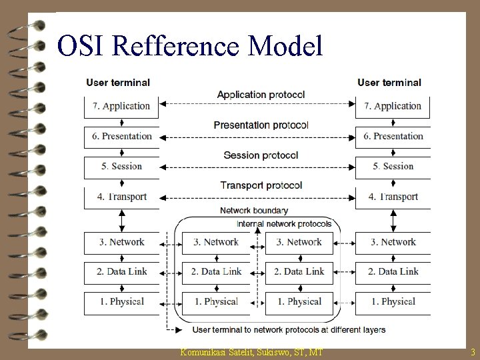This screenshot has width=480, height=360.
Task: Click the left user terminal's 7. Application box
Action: pyautogui.click(x=121, y=106)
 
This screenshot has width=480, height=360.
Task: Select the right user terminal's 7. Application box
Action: pyautogui.click(x=393, y=106)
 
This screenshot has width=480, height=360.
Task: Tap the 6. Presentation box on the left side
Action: pyautogui.click(x=121, y=136)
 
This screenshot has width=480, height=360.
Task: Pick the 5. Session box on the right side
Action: pyautogui.click(x=393, y=167)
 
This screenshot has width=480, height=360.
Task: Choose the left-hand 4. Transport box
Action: pyautogui.click(x=121, y=197)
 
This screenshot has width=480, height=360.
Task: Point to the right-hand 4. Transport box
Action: pyautogui.click(x=393, y=197)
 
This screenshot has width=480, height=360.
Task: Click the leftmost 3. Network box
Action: pyautogui.click(x=121, y=242)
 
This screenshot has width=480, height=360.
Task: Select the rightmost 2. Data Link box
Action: pyautogui.click(x=393, y=271)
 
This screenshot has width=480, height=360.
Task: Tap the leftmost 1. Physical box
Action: pyautogui.click(x=121, y=302)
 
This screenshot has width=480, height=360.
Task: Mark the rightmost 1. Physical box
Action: pyautogui.click(x=393, y=302)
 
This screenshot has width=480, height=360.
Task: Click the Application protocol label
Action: pyautogui.click(x=261, y=95)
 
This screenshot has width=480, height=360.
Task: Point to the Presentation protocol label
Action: pyautogui.click(x=261, y=125)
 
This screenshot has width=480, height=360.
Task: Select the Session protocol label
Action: pyautogui.click(x=261, y=155)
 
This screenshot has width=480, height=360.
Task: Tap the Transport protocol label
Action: pyautogui.click(x=261, y=185)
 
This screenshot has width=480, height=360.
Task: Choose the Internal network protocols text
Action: pyautogui.click(x=284, y=224)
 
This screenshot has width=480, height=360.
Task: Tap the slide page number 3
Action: pyautogui.click(x=472, y=352)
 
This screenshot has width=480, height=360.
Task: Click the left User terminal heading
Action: pyautogui.click(x=118, y=83)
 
